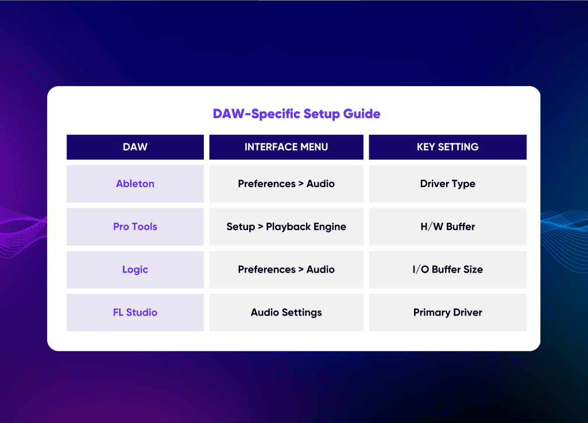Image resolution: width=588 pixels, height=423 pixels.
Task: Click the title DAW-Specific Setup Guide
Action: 296,114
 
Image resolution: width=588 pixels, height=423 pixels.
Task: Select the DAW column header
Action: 135,147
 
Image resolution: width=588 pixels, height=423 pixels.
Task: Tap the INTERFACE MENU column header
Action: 286,147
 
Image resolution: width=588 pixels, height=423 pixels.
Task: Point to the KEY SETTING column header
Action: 448,147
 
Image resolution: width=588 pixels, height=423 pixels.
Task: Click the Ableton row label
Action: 135,184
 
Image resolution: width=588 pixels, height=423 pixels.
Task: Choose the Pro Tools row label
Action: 135,227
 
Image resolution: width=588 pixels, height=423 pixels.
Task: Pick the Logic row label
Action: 135,269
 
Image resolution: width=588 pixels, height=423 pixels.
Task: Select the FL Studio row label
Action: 135,312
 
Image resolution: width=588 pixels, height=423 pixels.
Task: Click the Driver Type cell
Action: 448,184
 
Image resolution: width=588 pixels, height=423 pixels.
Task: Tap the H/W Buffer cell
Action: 448,227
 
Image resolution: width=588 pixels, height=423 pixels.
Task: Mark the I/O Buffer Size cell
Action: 448,269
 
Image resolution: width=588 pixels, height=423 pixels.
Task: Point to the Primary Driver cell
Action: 448,312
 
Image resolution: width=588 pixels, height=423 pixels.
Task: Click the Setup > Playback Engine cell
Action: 286,227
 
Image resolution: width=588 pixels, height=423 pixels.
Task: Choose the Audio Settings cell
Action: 286,312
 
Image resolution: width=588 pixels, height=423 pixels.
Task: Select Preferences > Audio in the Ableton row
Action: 286,184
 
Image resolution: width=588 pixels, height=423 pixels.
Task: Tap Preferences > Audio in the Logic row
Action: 286,269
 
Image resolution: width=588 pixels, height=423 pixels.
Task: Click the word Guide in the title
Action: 362,114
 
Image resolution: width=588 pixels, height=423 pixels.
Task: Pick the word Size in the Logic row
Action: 473,269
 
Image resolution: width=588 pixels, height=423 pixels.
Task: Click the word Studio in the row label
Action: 142,312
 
